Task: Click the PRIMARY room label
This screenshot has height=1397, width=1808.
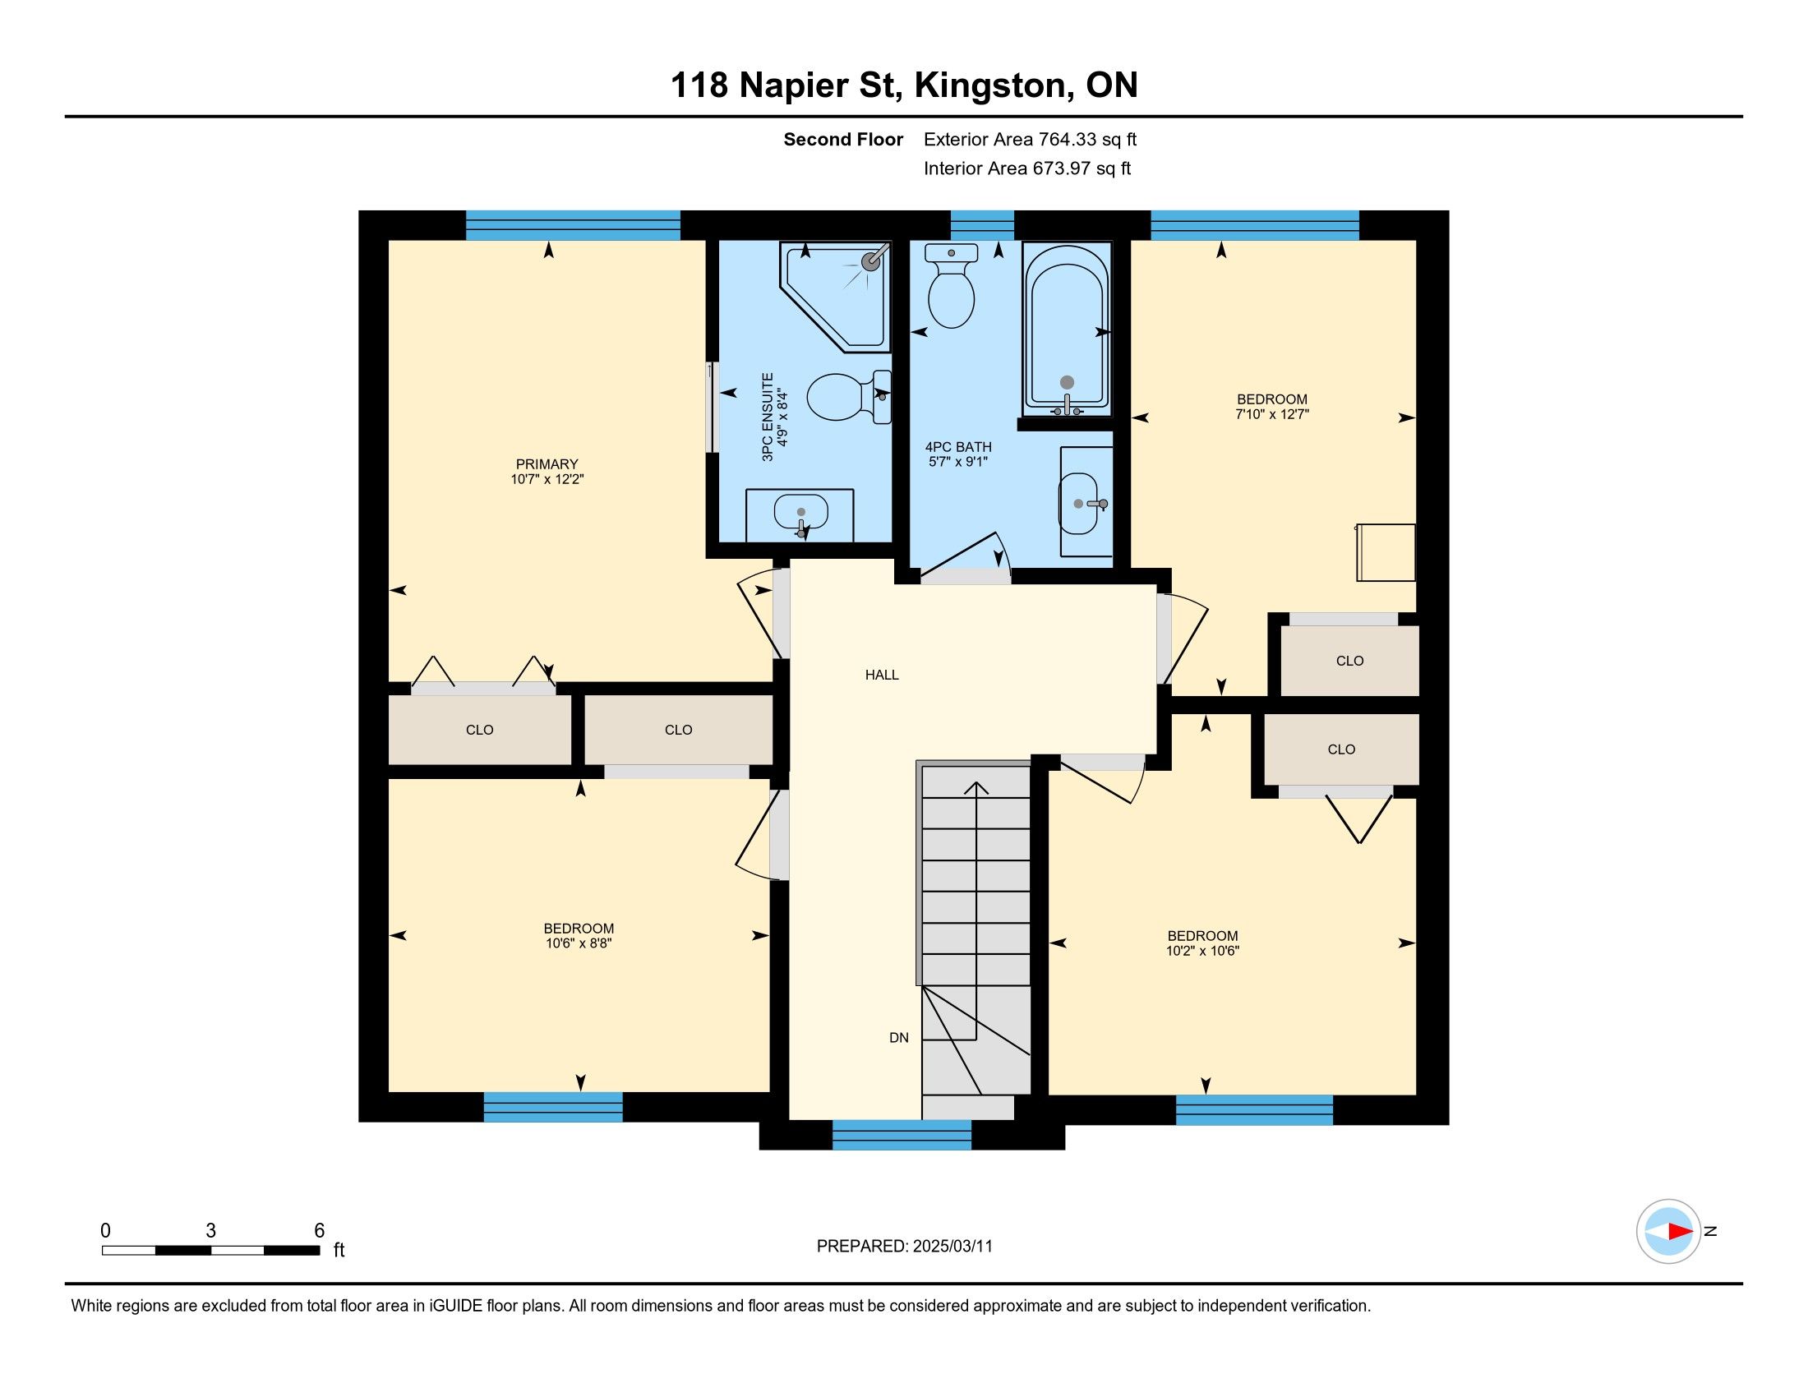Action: point(547,464)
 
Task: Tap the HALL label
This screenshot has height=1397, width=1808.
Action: point(882,675)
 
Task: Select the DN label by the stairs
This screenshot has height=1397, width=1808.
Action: point(899,1038)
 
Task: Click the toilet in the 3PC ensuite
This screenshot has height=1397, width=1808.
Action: point(849,396)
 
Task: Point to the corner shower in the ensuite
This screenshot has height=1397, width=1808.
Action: point(834,297)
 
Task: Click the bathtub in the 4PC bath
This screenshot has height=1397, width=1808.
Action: point(1067,330)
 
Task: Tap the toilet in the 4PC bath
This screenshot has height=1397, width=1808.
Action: point(951,285)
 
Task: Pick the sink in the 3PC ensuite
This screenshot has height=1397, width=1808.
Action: point(800,514)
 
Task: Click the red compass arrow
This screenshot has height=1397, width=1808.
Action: point(1680,1231)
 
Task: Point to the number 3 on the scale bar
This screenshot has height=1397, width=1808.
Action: point(211,1231)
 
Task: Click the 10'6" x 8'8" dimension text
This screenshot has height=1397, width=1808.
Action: point(578,943)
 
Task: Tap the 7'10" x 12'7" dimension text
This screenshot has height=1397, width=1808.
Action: point(1271,414)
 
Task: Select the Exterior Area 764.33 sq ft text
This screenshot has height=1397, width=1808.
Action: point(1030,140)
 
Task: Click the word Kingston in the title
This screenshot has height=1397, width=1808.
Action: point(989,85)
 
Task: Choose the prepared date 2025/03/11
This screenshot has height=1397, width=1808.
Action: point(952,1247)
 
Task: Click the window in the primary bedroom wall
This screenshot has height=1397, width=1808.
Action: point(573,225)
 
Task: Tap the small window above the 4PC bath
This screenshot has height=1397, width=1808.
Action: point(982,225)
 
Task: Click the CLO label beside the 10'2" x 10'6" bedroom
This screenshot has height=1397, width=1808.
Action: point(1341,749)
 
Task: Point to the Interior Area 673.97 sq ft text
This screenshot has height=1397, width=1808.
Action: point(1026,168)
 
